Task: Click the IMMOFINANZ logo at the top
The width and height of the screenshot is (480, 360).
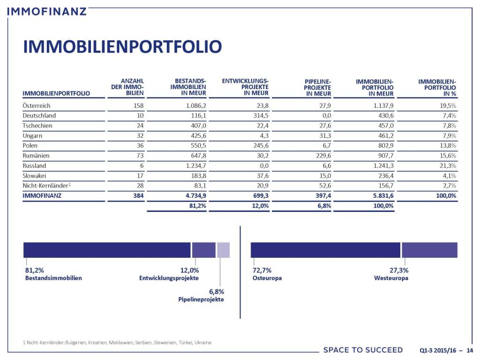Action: [47, 10]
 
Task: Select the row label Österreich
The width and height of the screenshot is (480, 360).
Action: [37, 105]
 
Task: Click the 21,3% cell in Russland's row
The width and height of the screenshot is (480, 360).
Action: [447, 165]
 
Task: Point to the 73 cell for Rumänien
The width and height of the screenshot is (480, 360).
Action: [139, 156]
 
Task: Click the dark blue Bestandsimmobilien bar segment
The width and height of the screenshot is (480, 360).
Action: [107, 250]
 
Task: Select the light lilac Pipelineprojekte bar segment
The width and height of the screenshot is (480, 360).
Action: [223, 250]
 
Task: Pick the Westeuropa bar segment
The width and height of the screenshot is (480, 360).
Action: [429, 250]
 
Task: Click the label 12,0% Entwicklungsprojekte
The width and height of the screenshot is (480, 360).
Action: [170, 274]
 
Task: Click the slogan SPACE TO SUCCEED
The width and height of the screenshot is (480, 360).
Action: [363, 350]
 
